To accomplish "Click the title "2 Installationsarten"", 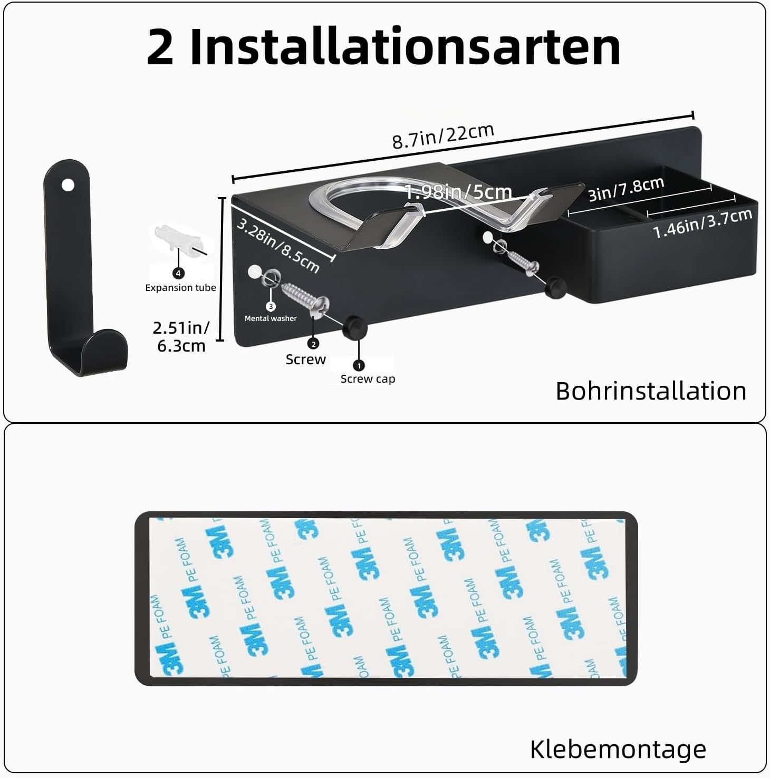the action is point(383,47).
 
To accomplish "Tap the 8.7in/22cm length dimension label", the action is point(443,136).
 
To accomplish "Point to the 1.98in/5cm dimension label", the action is point(458,192).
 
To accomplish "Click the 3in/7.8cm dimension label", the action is point(626,189).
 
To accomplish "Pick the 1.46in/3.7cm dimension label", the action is point(702,223).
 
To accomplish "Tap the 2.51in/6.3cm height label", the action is point(181,337).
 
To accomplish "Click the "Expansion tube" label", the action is point(180,288).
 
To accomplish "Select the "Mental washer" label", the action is point(271,318).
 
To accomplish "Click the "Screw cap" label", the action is point(368,379).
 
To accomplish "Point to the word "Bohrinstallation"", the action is point(651,392).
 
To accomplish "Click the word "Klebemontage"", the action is point(618,749).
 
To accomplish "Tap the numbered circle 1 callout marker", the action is point(359,365).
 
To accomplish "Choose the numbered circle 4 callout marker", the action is point(178,273).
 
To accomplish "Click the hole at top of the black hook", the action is point(68,185).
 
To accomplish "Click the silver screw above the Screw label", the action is point(305,300).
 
